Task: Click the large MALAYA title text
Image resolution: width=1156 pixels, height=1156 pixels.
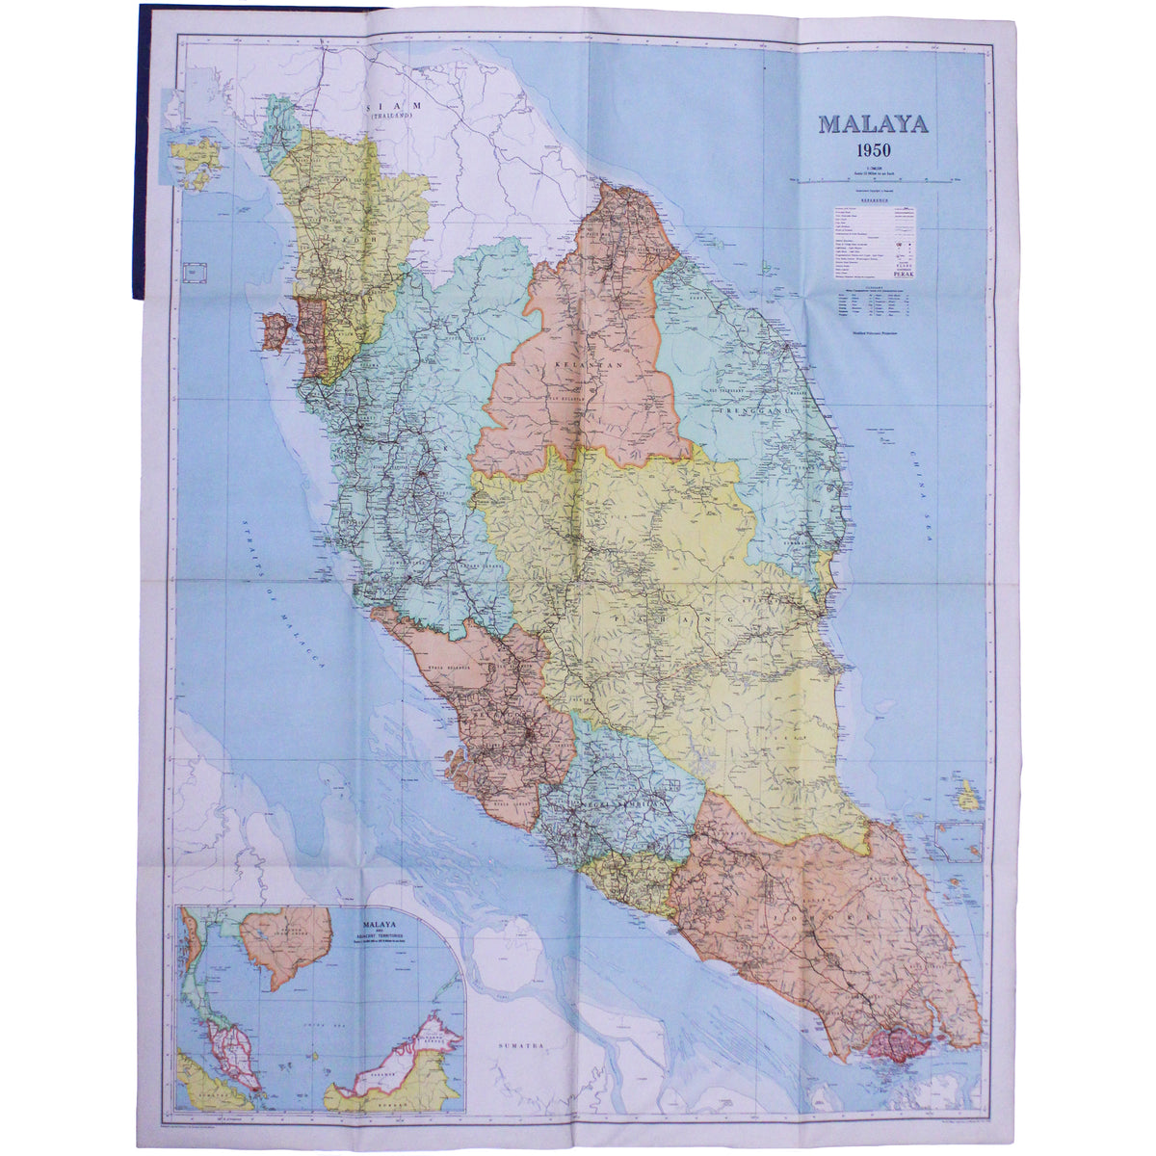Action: pyautogui.click(x=873, y=124)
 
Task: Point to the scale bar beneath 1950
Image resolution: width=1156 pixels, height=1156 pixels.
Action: pyautogui.click(x=874, y=179)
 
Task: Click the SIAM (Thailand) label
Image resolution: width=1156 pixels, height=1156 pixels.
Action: pyautogui.click(x=392, y=107)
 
